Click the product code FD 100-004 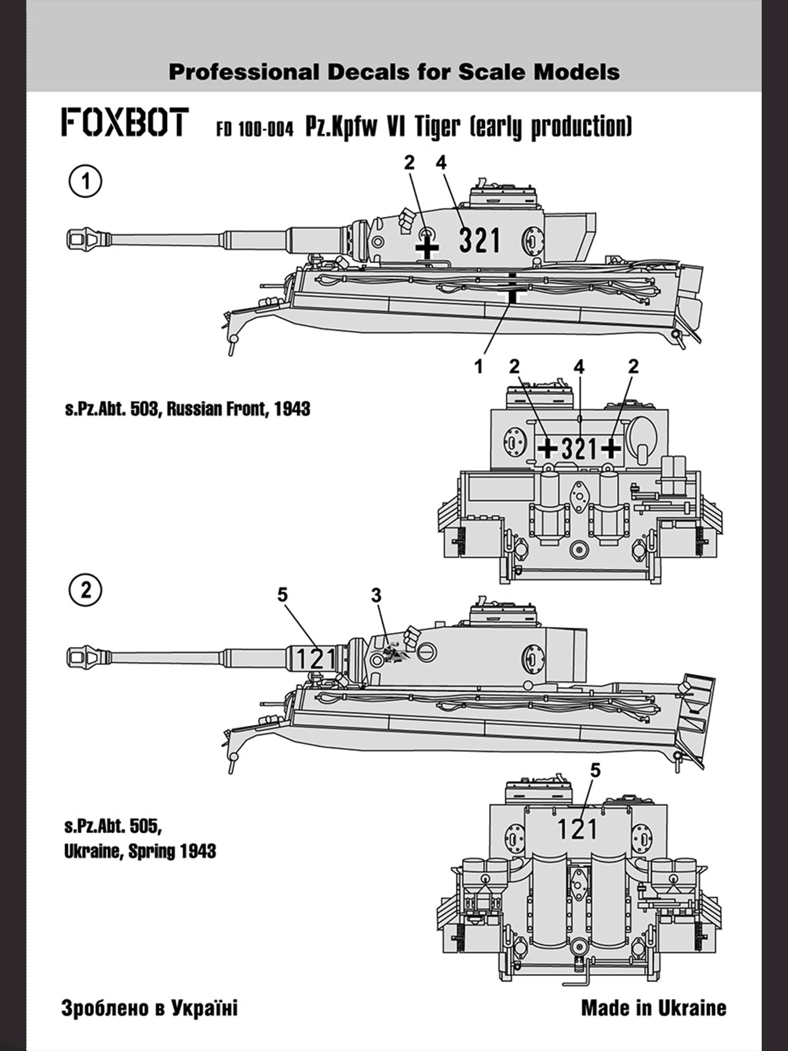[254, 129]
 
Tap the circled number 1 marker [85, 181]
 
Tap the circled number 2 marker [85, 591]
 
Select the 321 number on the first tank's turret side [479, 240]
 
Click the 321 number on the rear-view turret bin [579, 449]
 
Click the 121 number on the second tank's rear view [577, 829]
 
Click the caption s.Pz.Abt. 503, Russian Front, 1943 [187, 409]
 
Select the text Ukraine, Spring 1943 [140, 851]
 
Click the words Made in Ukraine [653, 1008]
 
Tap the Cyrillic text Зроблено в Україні [149, 1008]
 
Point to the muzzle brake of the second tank [88, 656]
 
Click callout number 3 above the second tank [376, 595]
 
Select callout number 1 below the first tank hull [479, 366]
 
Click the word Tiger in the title [437, 127]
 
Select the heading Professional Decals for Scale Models [394, 72]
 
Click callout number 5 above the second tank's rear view [595, 770]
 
